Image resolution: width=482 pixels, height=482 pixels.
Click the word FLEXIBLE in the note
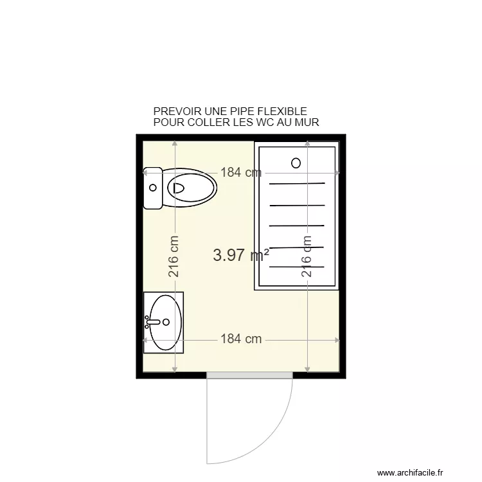point(281,112)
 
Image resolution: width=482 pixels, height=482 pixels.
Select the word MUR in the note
point(307,122)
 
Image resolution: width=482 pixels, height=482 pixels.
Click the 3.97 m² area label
point(240,255)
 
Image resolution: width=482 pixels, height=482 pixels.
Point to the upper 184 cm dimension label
point(241,172)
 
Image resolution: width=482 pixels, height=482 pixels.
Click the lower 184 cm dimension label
point(241,339)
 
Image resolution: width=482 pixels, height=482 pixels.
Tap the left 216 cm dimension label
point(174,255)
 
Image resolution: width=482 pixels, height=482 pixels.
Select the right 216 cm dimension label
point(307,255)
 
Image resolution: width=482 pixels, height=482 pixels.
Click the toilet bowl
point(191,188)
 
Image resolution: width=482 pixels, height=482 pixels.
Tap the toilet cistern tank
point(153,188)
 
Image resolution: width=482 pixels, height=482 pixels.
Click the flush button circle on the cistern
point(152,188)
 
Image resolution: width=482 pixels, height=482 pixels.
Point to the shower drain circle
point(296,163)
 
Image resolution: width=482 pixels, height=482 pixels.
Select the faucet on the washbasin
point(152,321)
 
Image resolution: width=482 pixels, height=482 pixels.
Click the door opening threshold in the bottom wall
point(250,374)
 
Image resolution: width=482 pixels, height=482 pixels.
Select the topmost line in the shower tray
point(297,184)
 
